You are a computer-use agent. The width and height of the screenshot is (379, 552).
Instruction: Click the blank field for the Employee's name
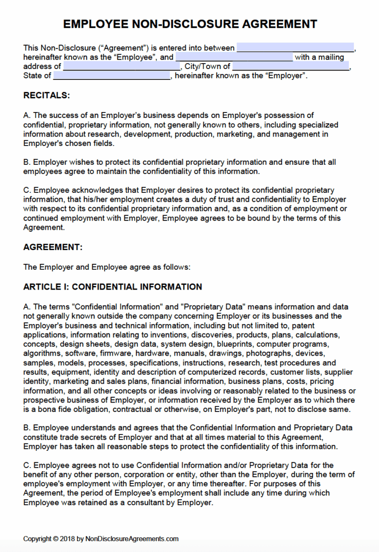tap(295, 48)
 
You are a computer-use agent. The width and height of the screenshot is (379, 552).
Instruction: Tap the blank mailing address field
tap(121, 67)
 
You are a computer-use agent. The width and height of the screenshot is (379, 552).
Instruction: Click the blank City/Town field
tap(291, 67)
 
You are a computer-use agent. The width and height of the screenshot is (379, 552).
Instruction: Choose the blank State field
tap(112, 76)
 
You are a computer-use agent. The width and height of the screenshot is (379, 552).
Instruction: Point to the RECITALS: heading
tap(47, 95)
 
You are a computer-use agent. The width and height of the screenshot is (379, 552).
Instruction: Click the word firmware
tap(115, 353)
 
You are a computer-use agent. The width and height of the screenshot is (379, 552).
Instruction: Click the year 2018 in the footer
tap(67, 539)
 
